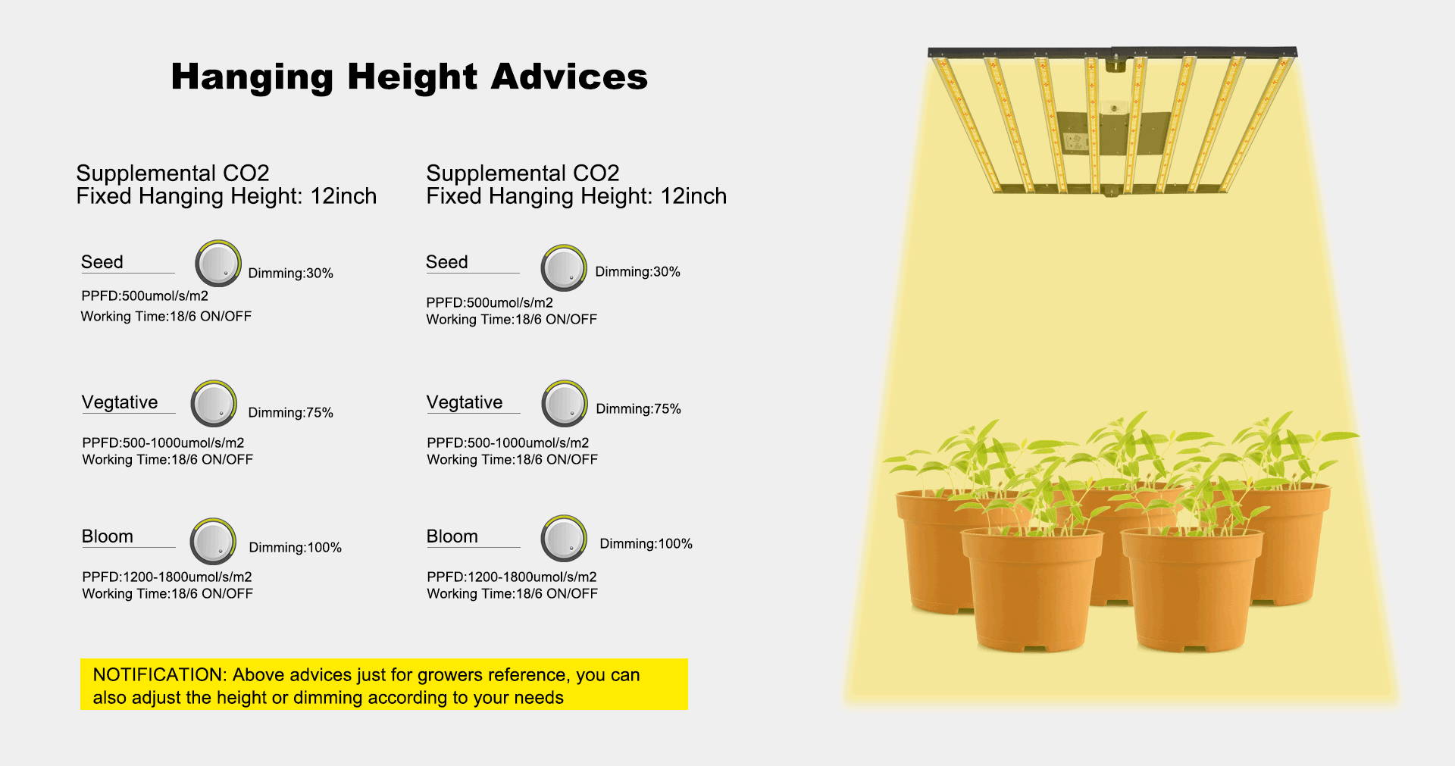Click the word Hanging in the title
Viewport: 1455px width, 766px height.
252,77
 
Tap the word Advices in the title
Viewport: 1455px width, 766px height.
569,77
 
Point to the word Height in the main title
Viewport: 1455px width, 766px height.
412,77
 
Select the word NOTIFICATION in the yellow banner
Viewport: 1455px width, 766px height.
159,675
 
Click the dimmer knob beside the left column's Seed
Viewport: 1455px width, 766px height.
218,264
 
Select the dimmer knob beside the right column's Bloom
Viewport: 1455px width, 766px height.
564,539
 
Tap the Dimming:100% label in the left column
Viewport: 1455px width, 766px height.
296,547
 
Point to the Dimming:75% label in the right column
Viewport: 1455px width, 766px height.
639,409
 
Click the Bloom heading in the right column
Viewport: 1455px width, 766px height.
452,536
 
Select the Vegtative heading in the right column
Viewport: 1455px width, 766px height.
465,402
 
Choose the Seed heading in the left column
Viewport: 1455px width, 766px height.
102,262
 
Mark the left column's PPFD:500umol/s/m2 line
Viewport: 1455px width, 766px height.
145,296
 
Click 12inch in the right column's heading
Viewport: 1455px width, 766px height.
693,196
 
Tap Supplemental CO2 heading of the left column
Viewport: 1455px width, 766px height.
173,174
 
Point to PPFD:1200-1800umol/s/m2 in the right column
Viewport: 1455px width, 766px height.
512,577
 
